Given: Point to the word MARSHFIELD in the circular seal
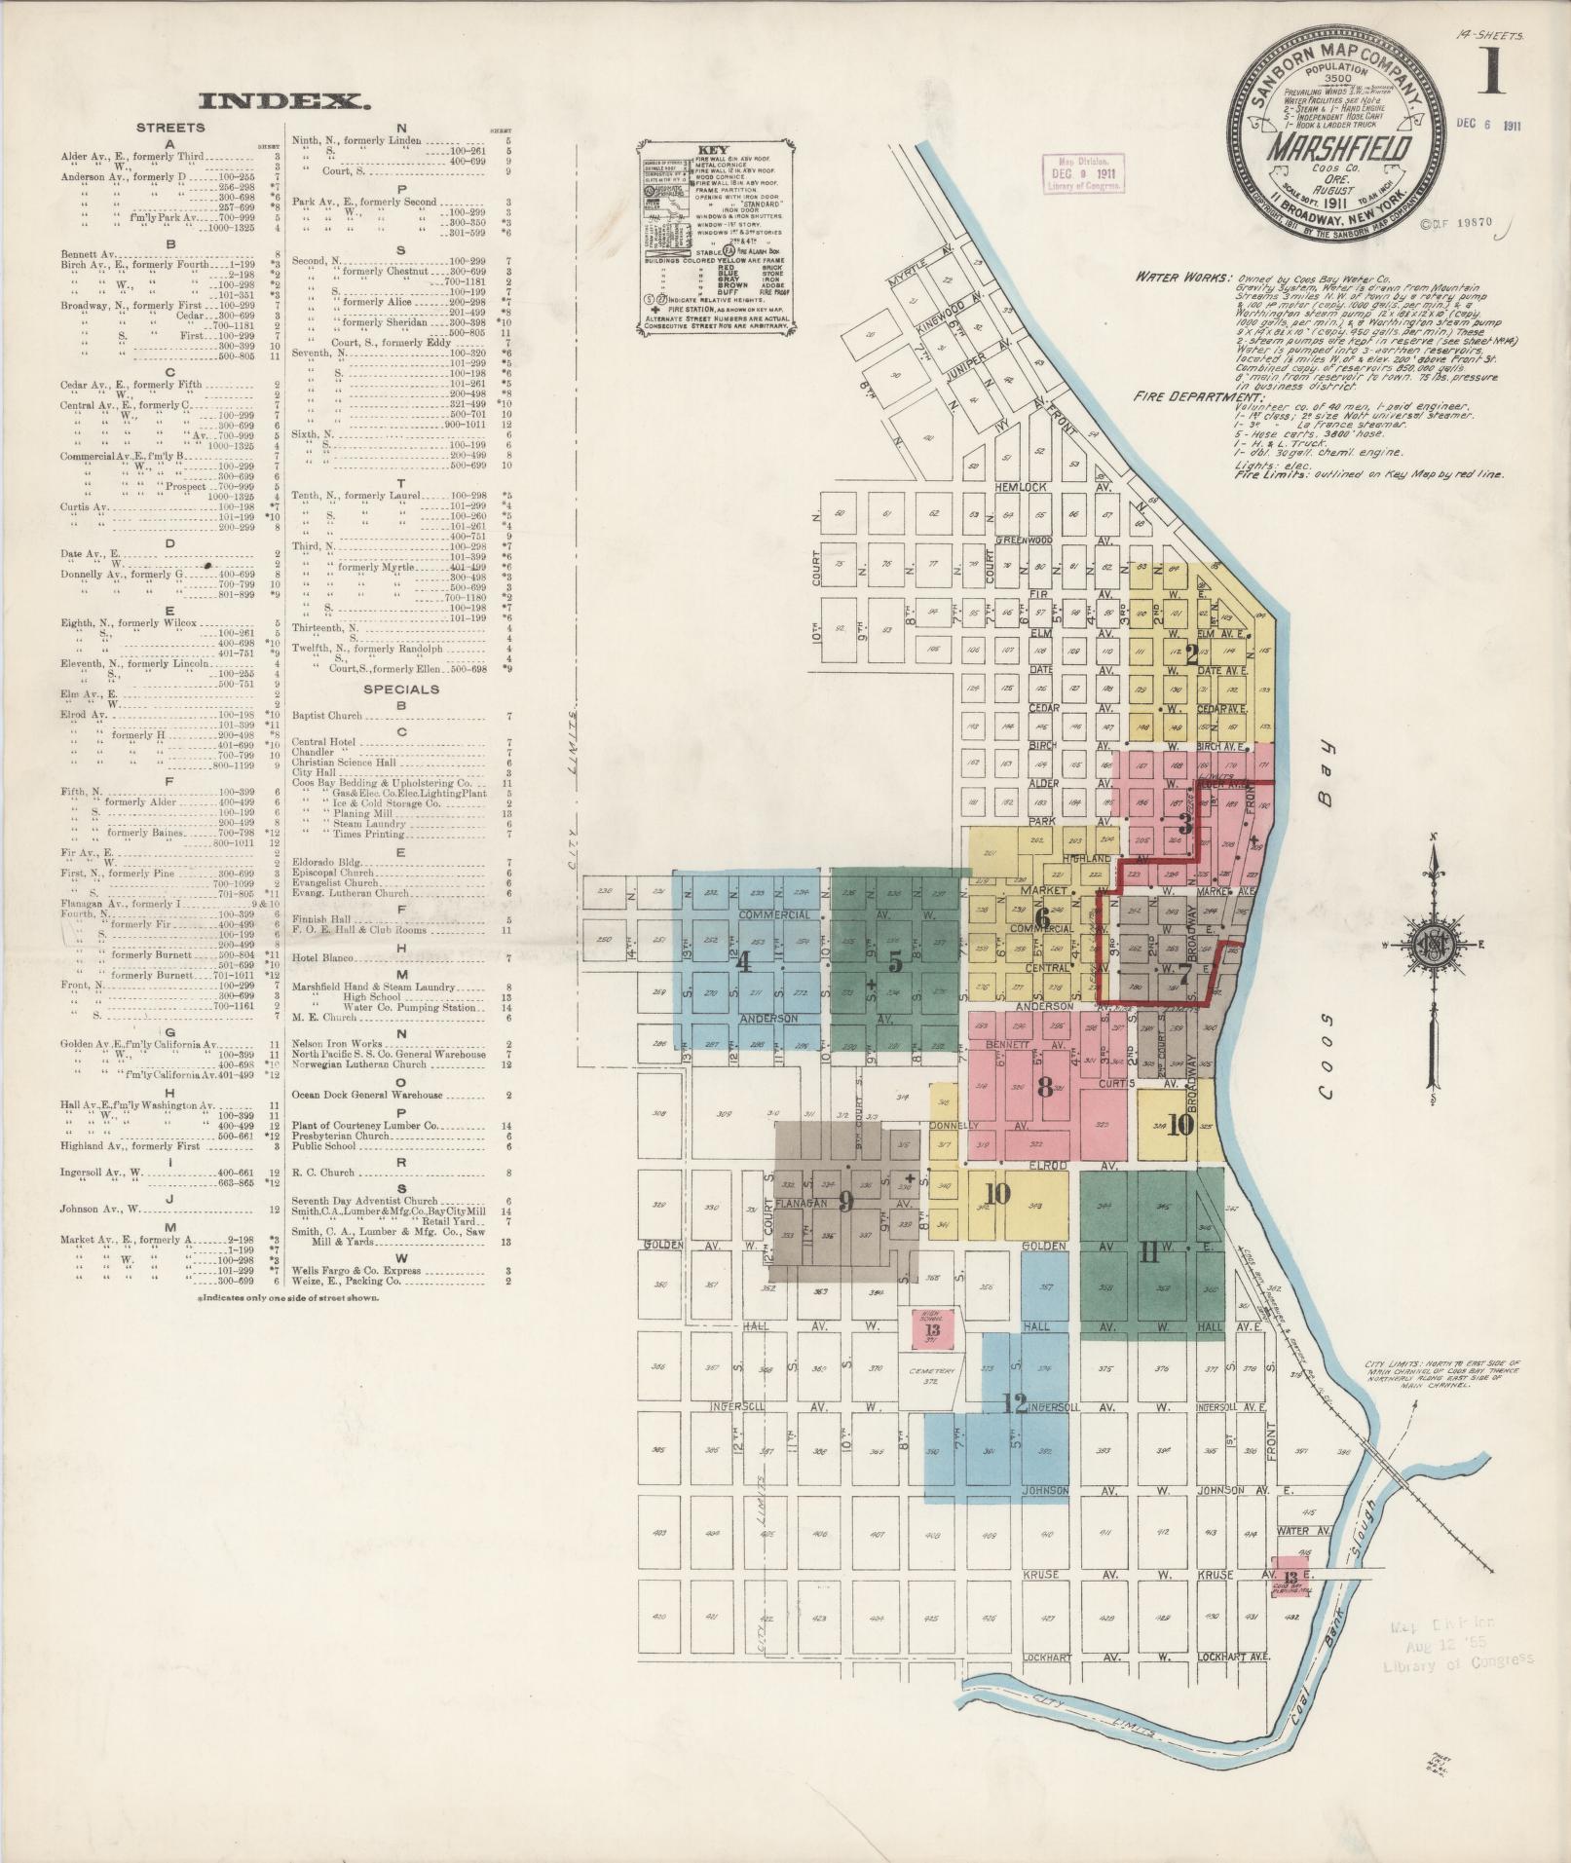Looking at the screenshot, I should click(1328, 148).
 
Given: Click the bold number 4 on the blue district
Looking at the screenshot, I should click(744, 962).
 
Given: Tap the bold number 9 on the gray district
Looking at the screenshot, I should click(846, 1202).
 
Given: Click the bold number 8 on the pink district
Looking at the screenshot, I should click(1045, 1088).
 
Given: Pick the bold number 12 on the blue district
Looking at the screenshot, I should click(1015, 1403).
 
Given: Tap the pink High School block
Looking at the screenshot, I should click(933, 1328).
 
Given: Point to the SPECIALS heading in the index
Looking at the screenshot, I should click(401, 689).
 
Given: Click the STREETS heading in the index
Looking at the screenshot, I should click(170, 128).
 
